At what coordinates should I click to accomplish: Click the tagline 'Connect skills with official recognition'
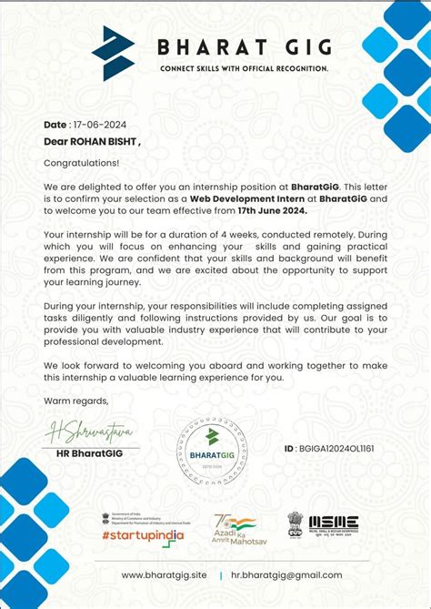(x=245, y=69)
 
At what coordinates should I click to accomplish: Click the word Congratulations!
(x=81, y=163)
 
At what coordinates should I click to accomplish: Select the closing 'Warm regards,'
(x=75, y=401)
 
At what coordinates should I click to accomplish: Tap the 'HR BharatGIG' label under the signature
(x=93, y=452)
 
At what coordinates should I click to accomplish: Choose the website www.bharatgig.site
(x=164, y=574)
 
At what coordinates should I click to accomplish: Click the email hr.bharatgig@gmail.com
(x=286, y=574)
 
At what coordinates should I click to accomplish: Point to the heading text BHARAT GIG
(x=245, y=46)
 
